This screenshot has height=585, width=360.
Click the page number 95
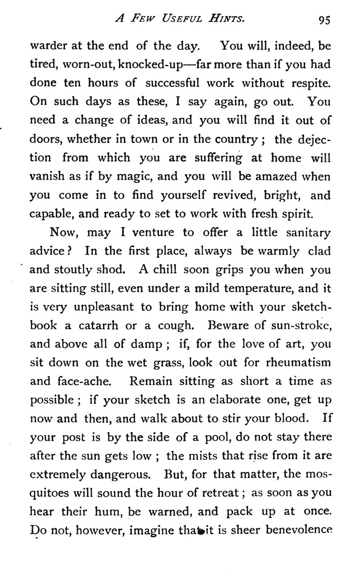pos(324,19)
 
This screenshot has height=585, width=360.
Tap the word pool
pos(206,436)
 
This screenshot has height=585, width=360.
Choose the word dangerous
pos(119,474)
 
